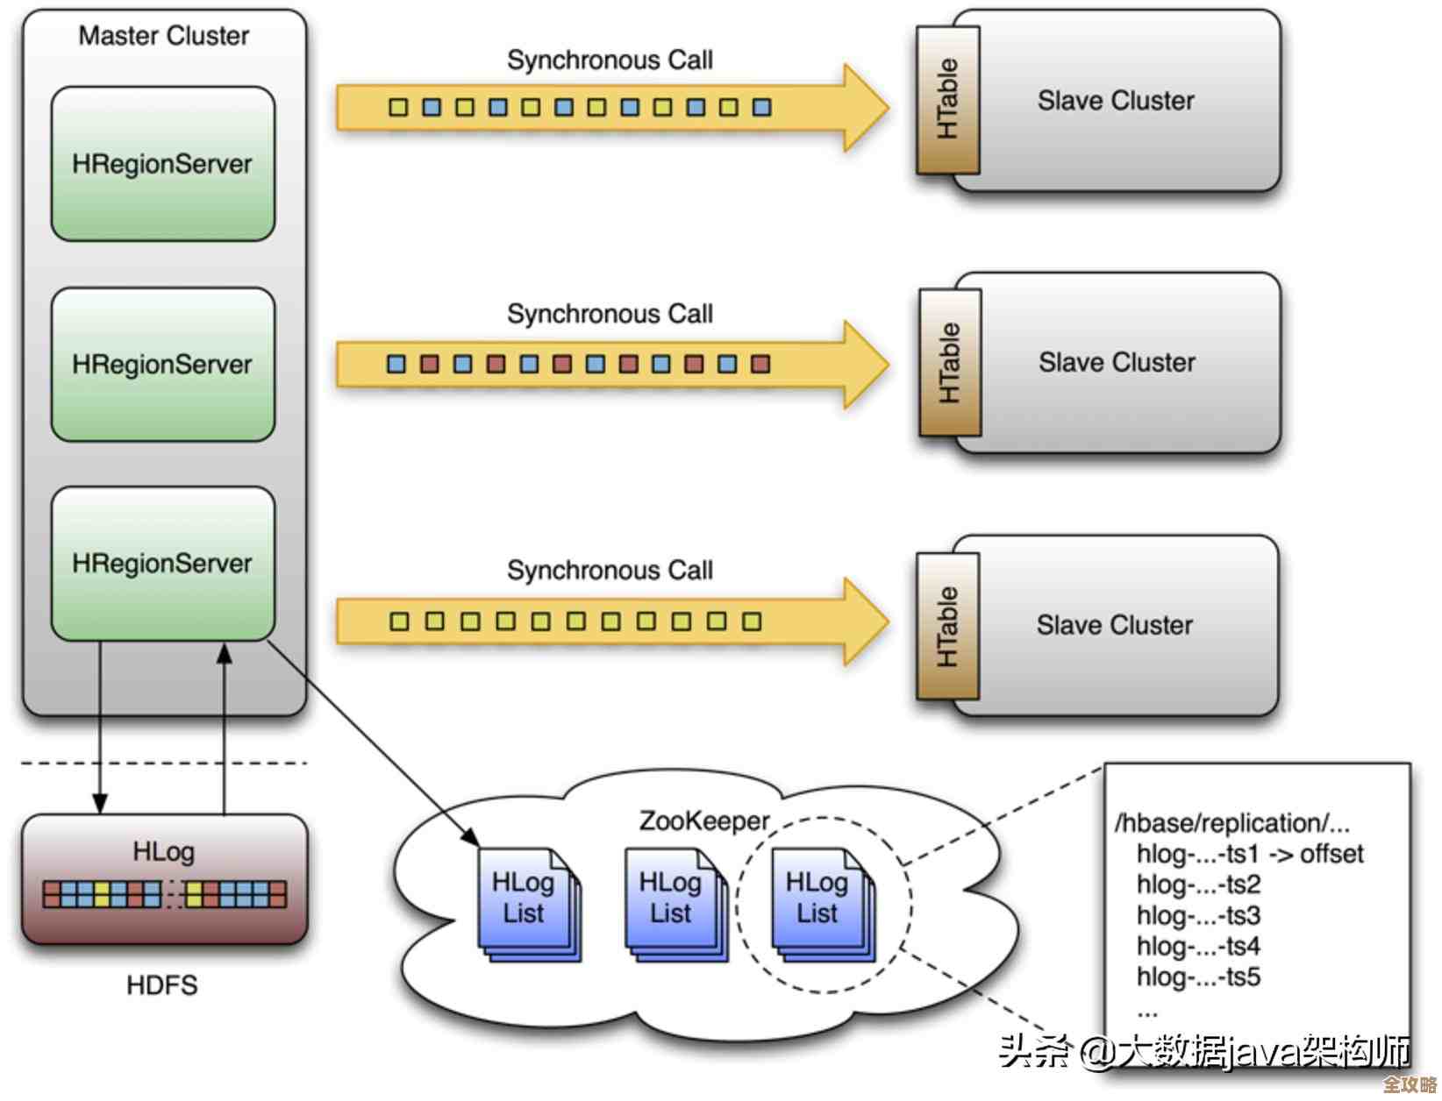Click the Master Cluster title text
click(164, 36)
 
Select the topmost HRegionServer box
click(162, 164)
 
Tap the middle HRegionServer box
click(162, 364)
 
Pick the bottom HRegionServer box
click(162, 563)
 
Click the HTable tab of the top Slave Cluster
click(947, 100)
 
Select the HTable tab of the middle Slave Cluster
click(949, 363)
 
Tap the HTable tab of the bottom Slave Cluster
click(947, 626)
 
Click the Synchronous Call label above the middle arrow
click(610, 314)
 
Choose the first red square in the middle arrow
click(430, 364)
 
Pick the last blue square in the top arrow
click(761, 107)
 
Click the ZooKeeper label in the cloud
click(703, 821)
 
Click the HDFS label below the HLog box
click(162, 985)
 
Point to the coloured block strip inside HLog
click(164, 894)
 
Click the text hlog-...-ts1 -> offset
click(1249, 854)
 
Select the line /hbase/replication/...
click(1231, 823)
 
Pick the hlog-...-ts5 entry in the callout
click(1198, 977)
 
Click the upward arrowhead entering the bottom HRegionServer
click(225, 653)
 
